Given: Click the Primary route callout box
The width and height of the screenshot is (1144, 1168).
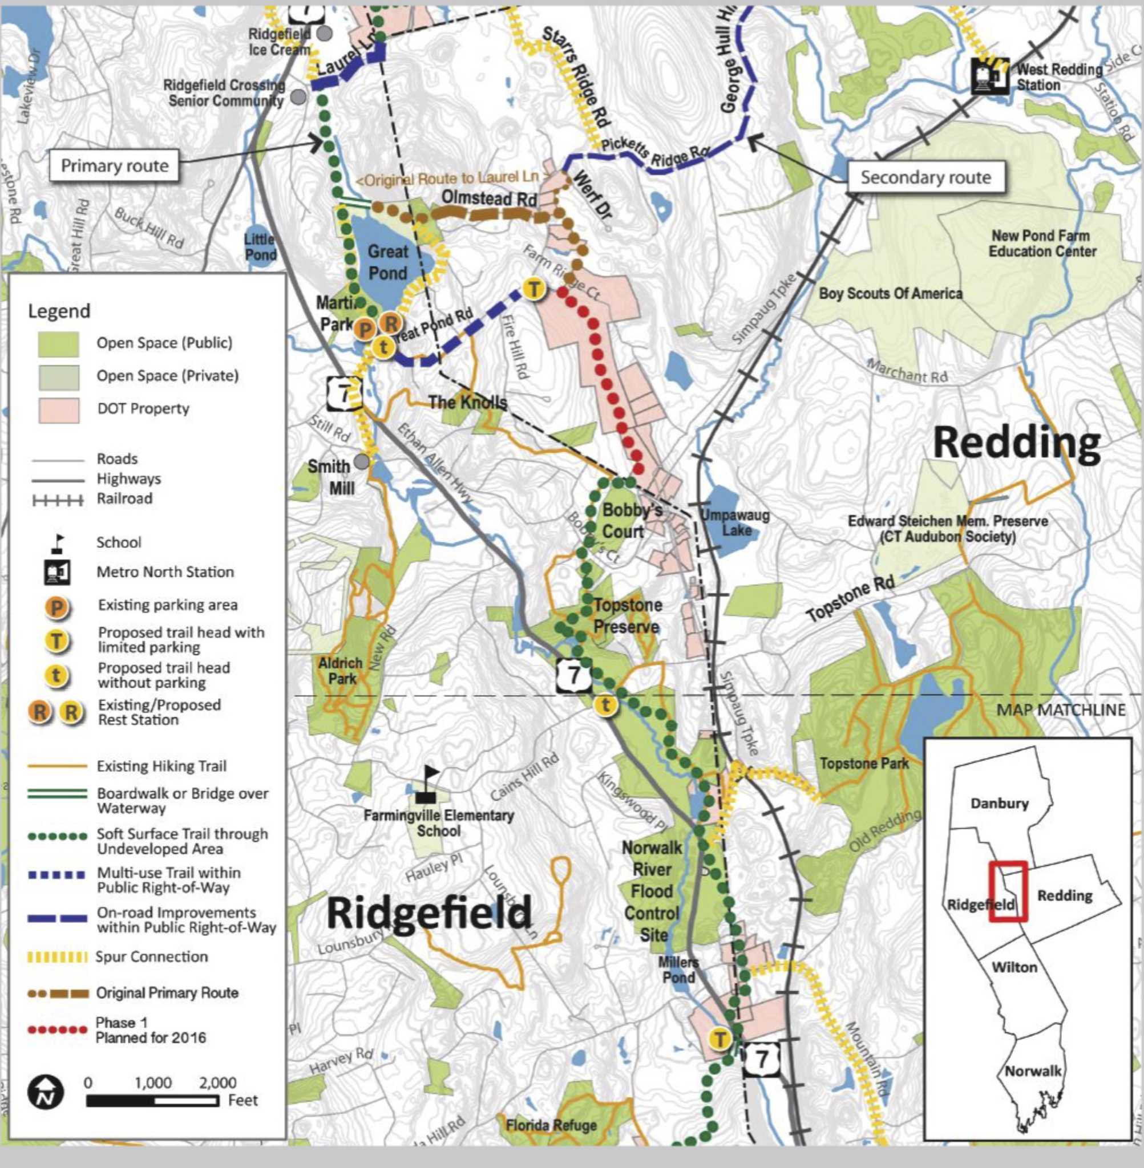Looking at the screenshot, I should (114, 166).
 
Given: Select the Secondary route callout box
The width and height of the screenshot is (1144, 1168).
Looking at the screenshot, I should (925, 177).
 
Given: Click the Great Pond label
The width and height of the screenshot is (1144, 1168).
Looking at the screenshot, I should (387, 262).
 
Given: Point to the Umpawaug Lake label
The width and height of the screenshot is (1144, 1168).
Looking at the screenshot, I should (735, 522).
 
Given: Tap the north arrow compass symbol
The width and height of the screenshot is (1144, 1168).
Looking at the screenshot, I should (46, 1092).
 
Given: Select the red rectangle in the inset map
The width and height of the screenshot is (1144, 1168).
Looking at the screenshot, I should (1008, 892).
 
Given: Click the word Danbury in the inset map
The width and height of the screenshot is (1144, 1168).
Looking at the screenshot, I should (999, 804).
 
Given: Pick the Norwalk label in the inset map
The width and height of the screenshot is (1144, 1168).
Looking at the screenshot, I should (1032, 1070).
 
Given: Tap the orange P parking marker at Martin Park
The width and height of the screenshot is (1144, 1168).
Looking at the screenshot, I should (364, 328).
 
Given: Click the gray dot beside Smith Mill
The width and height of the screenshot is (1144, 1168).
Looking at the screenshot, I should (361, 461).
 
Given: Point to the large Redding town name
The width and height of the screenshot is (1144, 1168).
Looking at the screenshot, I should (1016, 444).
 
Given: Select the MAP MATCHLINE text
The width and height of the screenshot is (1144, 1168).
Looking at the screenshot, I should (1061, 710).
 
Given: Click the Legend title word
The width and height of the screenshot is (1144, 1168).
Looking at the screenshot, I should (59, 311).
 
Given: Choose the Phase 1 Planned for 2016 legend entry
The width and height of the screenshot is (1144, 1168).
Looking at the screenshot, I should (150, 1030).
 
